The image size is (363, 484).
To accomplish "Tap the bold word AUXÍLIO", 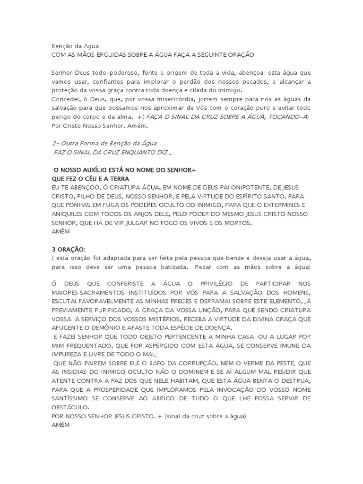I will pyautogui.click(x=95, y=170).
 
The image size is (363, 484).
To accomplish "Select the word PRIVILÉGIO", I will pyautogui.click(x=204, y=284).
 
